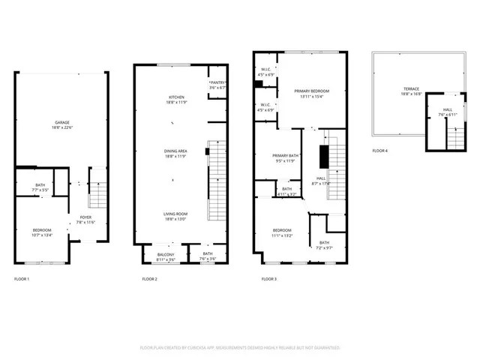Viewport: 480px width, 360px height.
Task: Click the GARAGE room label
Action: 62,124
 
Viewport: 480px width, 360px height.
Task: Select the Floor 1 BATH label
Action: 40,187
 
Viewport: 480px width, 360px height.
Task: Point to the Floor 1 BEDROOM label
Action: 41,231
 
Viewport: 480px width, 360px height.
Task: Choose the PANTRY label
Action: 217,85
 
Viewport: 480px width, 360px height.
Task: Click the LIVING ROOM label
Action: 176,216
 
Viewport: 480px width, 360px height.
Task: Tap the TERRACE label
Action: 409,91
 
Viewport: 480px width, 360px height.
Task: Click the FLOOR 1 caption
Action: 22,279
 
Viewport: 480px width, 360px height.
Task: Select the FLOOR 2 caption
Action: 149,279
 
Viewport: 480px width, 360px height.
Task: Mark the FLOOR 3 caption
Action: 268,279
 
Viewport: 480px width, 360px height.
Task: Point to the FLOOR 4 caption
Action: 380,151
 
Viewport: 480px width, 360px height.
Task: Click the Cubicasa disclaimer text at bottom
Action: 240,348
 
